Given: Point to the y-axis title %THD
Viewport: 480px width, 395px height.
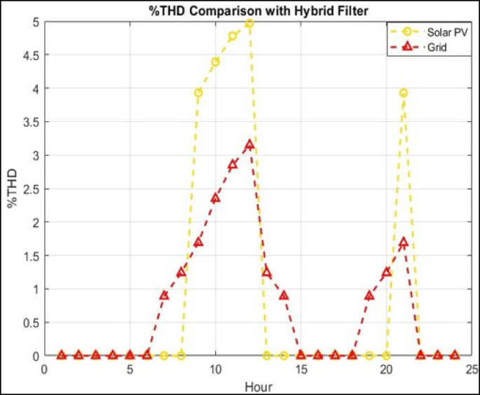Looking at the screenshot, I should pyautogui.click(x=13, y=189).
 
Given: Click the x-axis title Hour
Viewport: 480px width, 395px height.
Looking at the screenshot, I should pyautogui.click(x=258, y=386).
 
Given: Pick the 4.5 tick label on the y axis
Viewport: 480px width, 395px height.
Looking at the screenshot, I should pyautogui.click(x=30, y=55).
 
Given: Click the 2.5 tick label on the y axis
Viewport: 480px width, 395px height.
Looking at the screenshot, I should pyautogui.click(x=30, y=188).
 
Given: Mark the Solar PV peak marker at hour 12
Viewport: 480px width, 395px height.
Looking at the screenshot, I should pyautogui.click(x=249, y=22).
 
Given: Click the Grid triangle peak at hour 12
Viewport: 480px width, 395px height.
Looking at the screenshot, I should pyautogui.click(x=249, y=145).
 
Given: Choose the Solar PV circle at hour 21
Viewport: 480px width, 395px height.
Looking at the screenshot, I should pyautogui.click(x=404, y=92).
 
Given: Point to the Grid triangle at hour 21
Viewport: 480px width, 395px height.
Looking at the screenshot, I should pyautogui.click(x=404, y=242).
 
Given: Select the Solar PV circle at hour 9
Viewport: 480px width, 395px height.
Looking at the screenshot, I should pyautogui.click(x=198, y=92).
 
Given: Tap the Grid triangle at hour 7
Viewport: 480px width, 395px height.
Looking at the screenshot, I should pyautogui.click(x=164, y=296).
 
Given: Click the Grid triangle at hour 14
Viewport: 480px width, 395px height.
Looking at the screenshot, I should pyautogui.click(x=284, y=296).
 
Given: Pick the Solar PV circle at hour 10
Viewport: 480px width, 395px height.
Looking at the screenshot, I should pyautogui.click(x=215, y=62).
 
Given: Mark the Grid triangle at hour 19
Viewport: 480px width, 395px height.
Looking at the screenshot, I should pyautogui.click(x=369, y=296).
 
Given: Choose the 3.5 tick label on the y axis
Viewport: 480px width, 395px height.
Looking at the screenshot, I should pyautogui.click(x=30, y=122).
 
